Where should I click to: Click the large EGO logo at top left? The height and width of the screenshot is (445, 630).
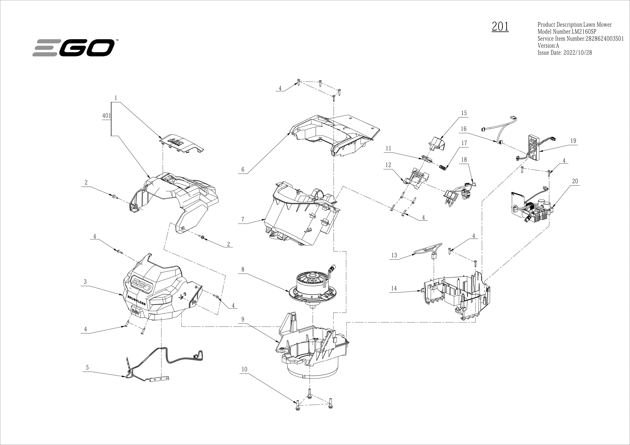[x=73, y=48]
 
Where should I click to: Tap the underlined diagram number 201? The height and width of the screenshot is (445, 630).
[x=500, y=27]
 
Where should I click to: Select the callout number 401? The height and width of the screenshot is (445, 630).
[x=106, y=116]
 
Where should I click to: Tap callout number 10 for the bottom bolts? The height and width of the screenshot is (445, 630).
[x=244, y=369]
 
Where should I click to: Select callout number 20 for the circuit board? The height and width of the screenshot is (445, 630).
[x=575, y=181]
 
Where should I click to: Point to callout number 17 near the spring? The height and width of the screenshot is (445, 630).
[x=464, y=143]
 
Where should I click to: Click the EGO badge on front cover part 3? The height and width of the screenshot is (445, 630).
[x=142, y=284]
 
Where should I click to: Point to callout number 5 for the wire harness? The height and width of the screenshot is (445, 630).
[x=87, y=368]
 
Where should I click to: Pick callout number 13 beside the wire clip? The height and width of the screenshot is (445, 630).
[x=394, y=256]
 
